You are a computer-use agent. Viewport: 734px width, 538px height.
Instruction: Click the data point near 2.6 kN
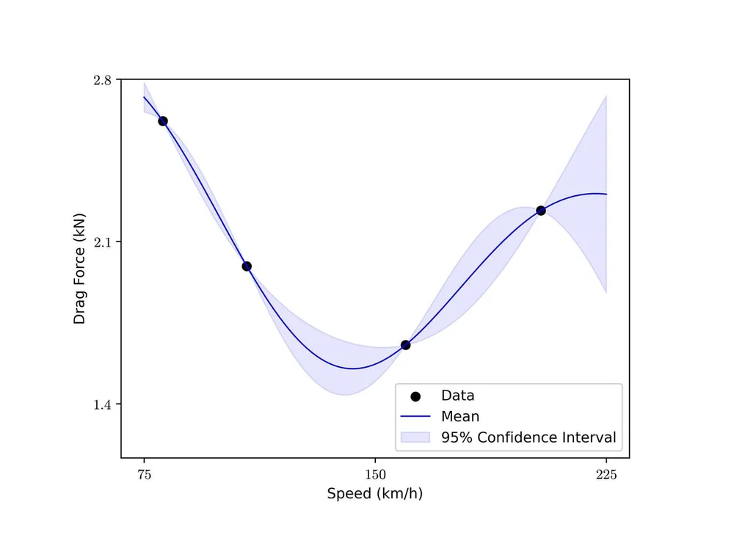tap(163, 121)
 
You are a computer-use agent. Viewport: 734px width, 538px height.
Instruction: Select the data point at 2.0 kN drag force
tap(247, 266)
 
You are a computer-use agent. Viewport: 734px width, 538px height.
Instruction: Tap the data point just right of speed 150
tap(405, 345)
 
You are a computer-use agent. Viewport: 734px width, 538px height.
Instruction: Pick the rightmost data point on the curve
tap(541, 211)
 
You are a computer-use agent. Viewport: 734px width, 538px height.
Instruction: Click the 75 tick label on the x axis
tap(144, 474)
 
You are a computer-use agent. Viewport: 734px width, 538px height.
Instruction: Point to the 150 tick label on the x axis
tap(375, 474)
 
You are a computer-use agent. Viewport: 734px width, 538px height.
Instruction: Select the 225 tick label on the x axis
tap(606, 474)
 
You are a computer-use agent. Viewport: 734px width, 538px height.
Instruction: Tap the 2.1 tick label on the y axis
tap(103, 242)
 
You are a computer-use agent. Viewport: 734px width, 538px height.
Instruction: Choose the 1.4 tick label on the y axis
tap(103, 404)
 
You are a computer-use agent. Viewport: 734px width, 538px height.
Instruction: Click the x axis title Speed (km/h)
tap(375, 494)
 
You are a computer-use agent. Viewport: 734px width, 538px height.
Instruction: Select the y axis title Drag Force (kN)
tap(79, 269)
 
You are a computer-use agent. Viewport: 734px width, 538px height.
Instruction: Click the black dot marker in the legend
tap(415, 396)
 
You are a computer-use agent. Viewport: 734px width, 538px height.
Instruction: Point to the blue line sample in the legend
tap(415, 417)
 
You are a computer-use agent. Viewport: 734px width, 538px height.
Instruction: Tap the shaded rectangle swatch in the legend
tap(415, 437)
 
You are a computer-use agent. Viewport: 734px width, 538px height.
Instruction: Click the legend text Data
tap(457, 396)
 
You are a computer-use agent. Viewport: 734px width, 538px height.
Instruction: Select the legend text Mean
tap(460, 417)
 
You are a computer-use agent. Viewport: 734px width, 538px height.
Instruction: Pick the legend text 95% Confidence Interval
tap(528, 437)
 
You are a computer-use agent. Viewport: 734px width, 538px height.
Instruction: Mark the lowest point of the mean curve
tap(353, 368)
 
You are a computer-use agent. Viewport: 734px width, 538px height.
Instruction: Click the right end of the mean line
tap(606, 194)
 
